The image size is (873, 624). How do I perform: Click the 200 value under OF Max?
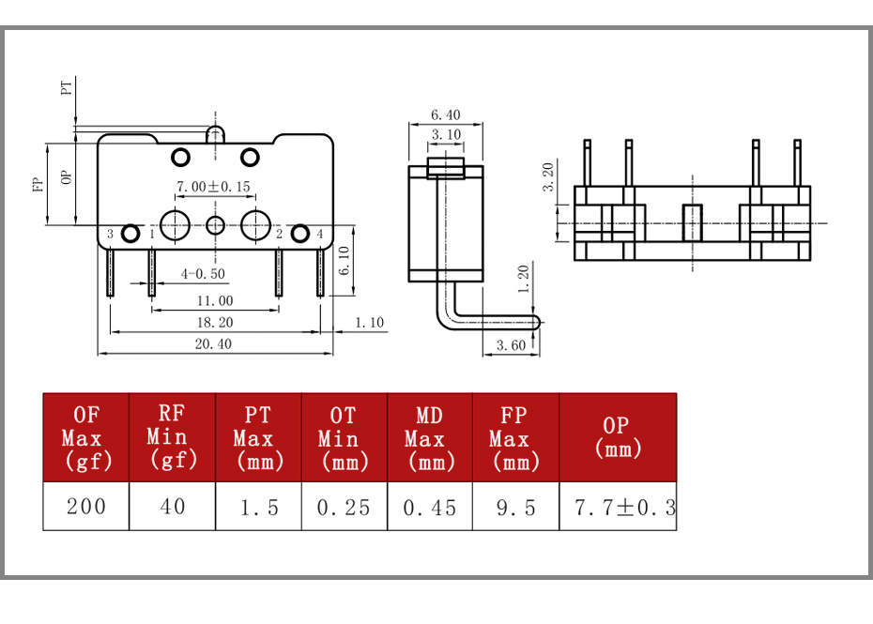coord(85,507)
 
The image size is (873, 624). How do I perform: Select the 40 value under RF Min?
coord(173,507)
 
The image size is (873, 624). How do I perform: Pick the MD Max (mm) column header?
coord(430,438)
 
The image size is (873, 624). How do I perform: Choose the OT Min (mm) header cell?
coord(345,438)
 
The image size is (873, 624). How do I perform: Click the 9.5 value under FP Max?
coord(515,508)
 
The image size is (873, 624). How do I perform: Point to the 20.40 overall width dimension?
coord(213,344)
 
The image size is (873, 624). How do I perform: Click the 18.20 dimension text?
coord(215,322)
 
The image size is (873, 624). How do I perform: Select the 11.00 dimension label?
coord(215,301)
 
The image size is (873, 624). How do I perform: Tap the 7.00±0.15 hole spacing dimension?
coord(213,187)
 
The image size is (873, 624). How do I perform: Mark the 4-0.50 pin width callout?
coord(203,274)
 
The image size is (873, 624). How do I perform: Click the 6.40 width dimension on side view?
coord(445,114)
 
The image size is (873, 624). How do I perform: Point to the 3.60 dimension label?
coord(511,345)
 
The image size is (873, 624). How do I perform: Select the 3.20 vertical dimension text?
coord(548,177)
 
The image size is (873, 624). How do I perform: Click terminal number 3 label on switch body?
coord(110,234)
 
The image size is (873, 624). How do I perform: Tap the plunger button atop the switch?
coord(216,134)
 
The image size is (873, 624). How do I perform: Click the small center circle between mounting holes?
coord(216,225)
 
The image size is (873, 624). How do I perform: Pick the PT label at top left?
coord(67,88)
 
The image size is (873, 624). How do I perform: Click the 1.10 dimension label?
coord(370,322)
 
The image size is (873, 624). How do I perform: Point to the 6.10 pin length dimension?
coord(345,261)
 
